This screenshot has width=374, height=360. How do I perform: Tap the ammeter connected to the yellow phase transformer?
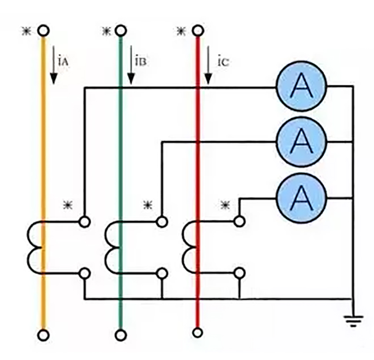coord(301,87)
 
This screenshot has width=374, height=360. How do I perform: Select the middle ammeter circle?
coord(301,142)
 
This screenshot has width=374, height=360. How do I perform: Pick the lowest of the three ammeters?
coord(301,197)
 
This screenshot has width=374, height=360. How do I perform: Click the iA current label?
coord(62,61)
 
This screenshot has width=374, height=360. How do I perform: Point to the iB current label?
coord(140,61)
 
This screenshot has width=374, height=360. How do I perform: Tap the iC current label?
coord(222,61)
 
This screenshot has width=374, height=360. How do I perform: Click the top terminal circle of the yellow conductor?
coord(43,31)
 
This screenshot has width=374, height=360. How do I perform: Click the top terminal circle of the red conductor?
coord(198,31)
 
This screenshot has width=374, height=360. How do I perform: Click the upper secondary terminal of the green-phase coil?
coord(162,222)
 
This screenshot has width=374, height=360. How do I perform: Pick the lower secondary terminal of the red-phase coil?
coord(239,273)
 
